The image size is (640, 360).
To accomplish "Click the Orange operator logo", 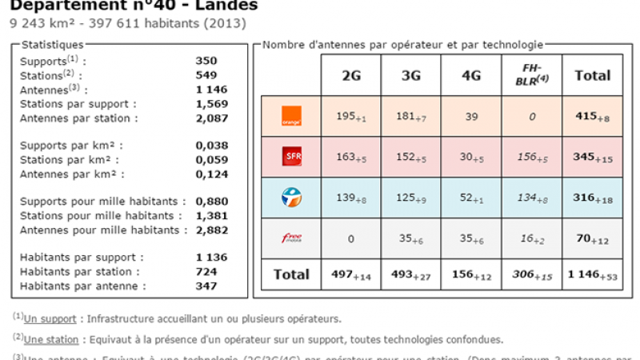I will tap(290, 117).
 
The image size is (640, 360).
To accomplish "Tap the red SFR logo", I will tap(290, 157).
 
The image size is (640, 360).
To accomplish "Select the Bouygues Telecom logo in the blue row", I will tap(290, 196).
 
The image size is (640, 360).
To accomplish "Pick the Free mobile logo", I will tap(290, 237).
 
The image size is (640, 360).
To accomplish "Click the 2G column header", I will tap(350, 76).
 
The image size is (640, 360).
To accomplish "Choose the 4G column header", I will tap(471, 76).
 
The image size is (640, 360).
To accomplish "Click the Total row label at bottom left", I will tap(291, 274).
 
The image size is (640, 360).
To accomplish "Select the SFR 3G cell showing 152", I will tap(411, 157).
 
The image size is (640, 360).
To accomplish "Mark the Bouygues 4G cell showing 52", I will tap(471, 197).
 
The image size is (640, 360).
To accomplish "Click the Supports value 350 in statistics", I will tap(206, 60).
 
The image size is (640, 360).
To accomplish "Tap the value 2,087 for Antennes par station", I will tap(211, 118).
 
